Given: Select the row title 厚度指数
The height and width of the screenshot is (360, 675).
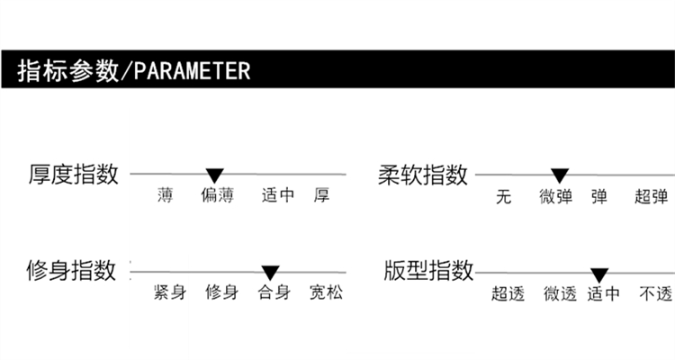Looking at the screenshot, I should pos(73,175).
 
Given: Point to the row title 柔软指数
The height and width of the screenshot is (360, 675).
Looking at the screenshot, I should pos(423,175).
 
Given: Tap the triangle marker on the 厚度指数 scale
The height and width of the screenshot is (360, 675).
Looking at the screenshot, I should pos(214,175).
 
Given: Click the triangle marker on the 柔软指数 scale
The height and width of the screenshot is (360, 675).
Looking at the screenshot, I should pos(559,175).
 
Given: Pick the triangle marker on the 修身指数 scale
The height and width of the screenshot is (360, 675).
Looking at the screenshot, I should pos(270,272).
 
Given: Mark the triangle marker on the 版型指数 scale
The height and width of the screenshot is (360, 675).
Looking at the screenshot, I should pos(599,274).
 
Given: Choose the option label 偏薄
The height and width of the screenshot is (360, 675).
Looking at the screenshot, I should pos(218,196).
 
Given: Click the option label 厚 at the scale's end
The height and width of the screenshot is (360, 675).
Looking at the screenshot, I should pos(321,196).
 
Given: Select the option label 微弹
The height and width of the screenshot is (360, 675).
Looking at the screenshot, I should pos(555,197).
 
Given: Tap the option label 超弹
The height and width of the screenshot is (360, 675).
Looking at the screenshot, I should pos(651,197).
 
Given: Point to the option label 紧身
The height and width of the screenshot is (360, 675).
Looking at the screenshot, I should pos(169,293).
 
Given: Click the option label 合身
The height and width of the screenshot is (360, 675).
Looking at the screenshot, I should pos(274,293).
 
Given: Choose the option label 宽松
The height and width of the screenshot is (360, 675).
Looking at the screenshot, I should pos(326,293).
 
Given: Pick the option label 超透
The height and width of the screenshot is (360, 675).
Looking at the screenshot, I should pos(508,294).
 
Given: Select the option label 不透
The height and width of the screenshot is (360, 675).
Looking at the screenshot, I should pos(655,294).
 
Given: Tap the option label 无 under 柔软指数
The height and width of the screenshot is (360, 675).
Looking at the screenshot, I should pos(504,197).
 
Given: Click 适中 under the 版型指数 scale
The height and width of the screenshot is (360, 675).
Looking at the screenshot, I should pos(604,294).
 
